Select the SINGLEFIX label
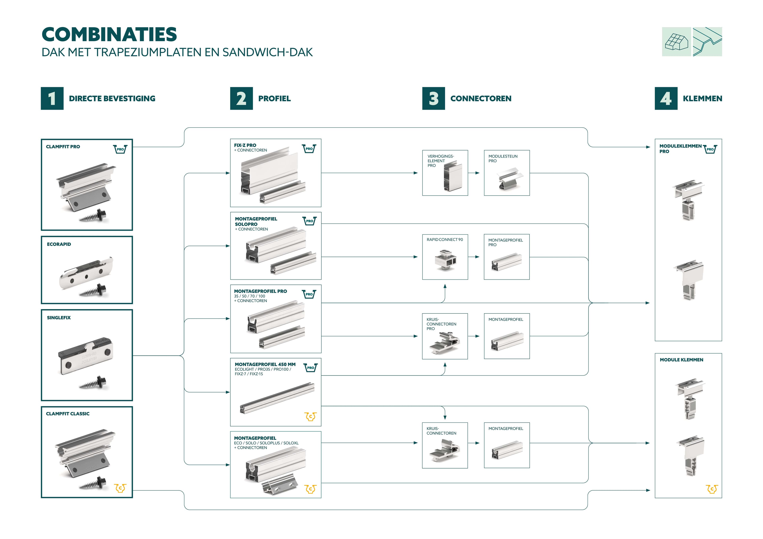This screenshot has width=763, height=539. pos(59,318)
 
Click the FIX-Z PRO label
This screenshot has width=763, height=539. pos(245,145)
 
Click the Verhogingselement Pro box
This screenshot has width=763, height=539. pos(445,173)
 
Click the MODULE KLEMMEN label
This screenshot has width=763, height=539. pos(681,360)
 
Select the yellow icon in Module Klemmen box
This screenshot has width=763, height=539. pos(712,489)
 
